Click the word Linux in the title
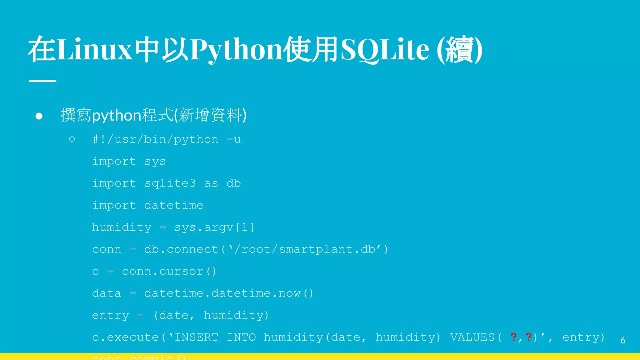click(x=95, y=49)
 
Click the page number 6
click(x=622, y=340)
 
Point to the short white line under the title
click(x=43, y=81)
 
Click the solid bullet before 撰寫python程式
click(x=39, y=116)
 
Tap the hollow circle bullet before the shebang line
click(x=72, y=139)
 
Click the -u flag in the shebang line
click(x=234, y=139)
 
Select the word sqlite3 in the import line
click(x=170, y=183)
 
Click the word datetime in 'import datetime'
click(x=174, y=205)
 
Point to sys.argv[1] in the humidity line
click(x=214, y=227)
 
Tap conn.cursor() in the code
click(x=169, y=271)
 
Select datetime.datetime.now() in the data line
click(x=228, y=293)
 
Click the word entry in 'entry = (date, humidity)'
click(x=110, y=315)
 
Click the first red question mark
click(x=513, y=337)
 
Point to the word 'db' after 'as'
click(x=233, y=183)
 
